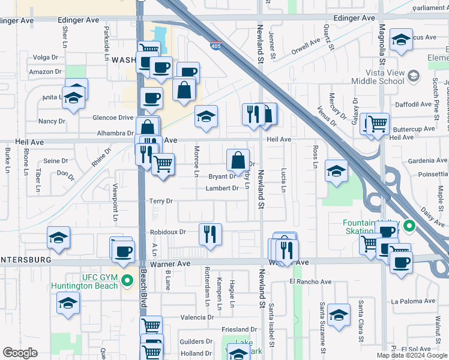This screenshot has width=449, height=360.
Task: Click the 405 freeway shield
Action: tap(215, 46)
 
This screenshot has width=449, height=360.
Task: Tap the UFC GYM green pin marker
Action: tap(127, 280)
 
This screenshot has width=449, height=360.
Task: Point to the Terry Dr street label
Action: tap(161, 201)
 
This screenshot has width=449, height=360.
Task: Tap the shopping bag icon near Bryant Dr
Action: tap(238, 161)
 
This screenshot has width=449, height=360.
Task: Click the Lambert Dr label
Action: tap(221, 188)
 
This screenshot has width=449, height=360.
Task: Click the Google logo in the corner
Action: tap(20, 352)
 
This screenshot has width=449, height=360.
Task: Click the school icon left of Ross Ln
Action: tap(336, 170)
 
